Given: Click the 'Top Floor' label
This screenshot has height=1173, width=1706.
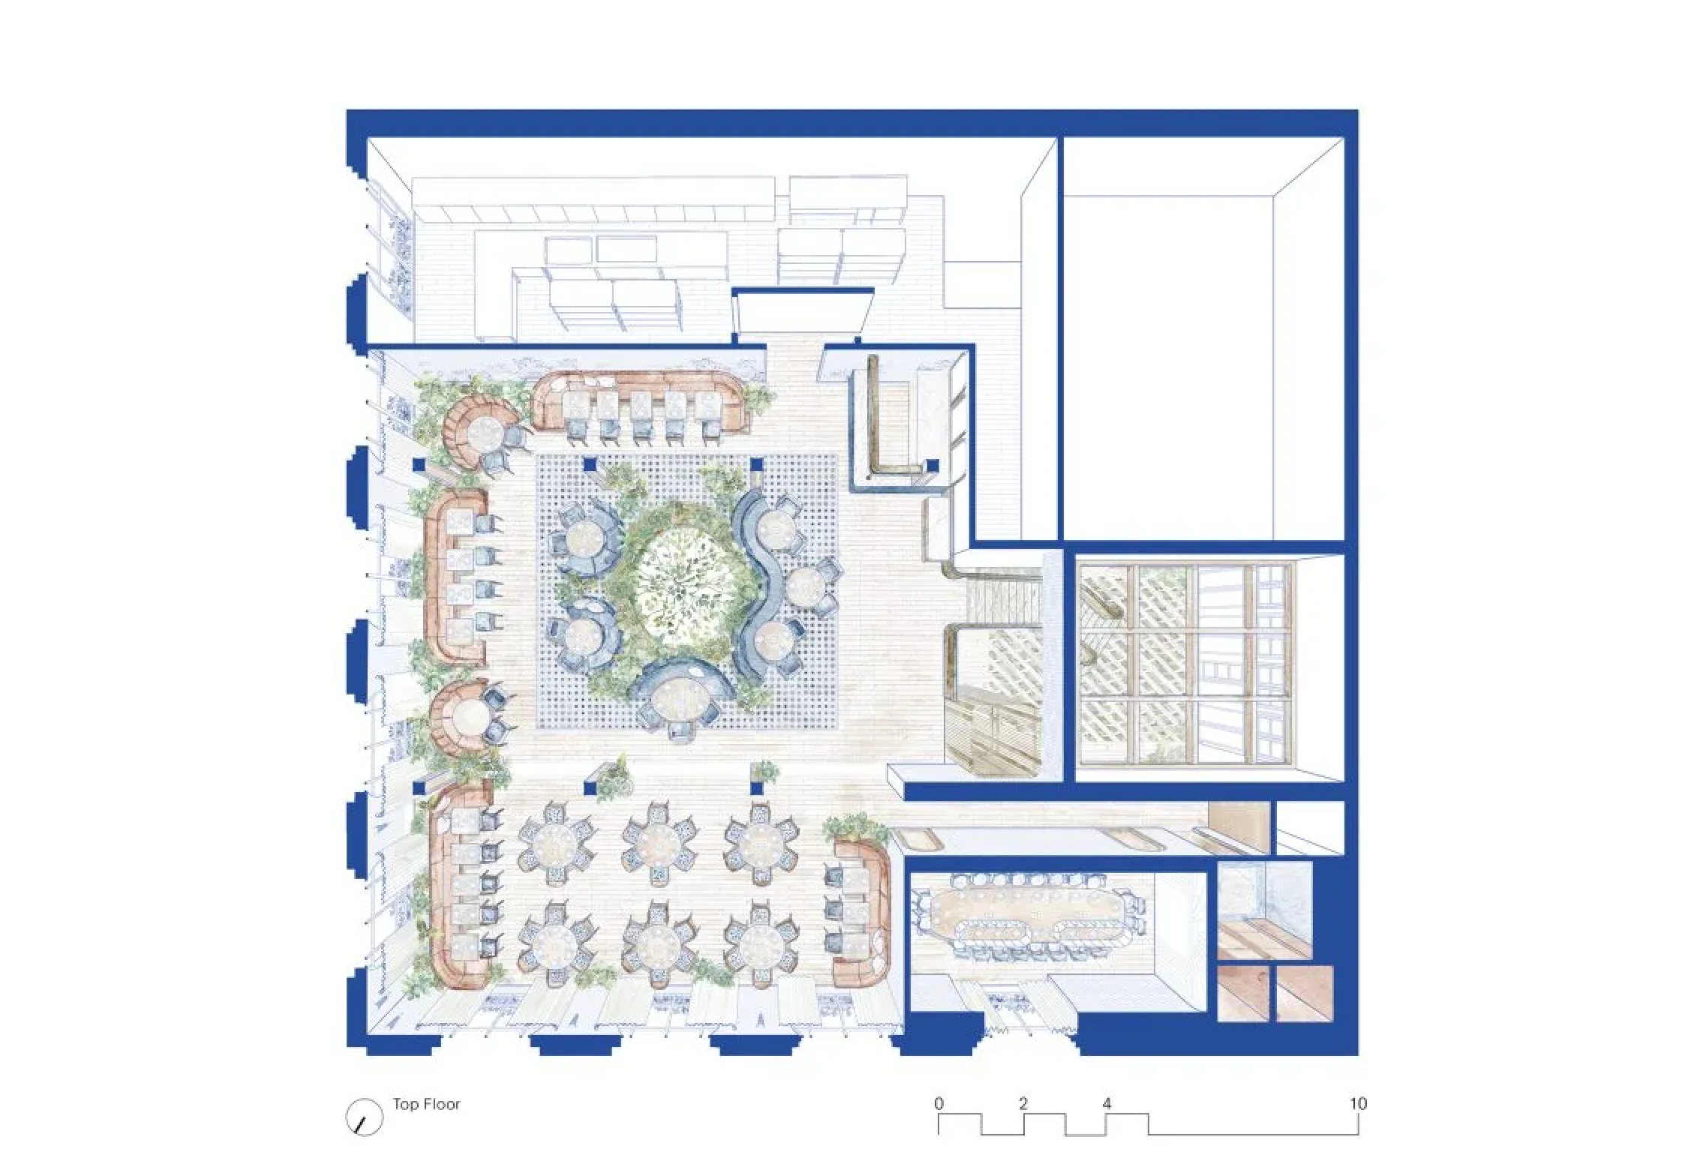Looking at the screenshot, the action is pyautogui.click(x=426, y=1104).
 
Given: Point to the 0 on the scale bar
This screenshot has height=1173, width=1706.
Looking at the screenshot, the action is pyautogui.click(x=939, y=1103).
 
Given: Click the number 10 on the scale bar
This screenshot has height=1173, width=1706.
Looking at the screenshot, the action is pyautogui.click(x=1358, y=1103).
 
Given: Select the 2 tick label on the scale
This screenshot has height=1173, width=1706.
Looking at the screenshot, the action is pyautogui.click(x=1023, y=1103).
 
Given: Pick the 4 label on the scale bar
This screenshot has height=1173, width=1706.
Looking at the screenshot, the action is pyautogui.click(x=1107, y=1103).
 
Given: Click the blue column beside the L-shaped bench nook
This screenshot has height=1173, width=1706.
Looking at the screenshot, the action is pyautogui.click(x=932, y=465).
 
